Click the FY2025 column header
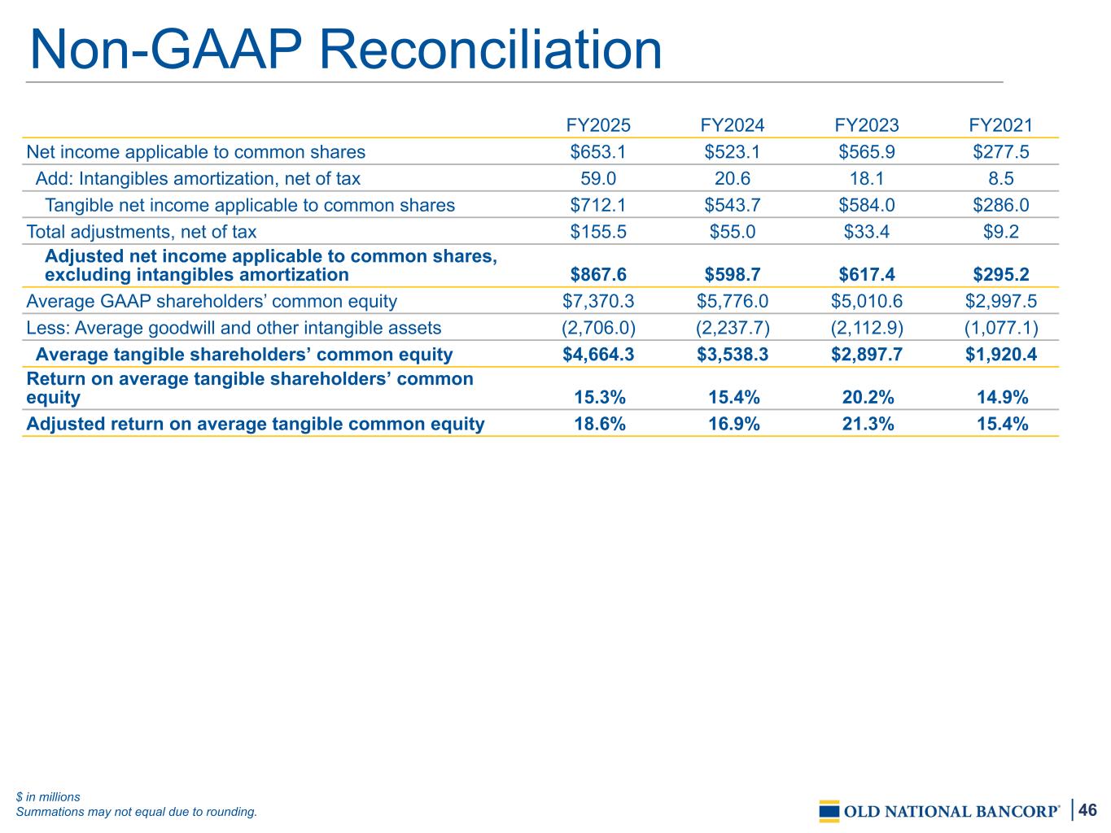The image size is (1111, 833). [597, 125]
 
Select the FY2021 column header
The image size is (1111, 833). [1000, 125]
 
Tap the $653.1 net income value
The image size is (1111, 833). [597, 152]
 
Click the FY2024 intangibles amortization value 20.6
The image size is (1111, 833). [732, 178]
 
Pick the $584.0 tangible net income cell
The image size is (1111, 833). [866, 205]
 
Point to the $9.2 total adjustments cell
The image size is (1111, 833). [1000, 232]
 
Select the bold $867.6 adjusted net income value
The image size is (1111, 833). [597, 275]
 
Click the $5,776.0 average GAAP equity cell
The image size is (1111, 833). [732, 302]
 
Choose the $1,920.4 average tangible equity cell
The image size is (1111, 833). [1000, 355]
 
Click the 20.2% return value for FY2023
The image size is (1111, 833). [868, 398]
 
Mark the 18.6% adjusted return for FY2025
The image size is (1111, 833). [599, 424]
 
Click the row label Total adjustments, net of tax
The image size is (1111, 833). [142, 232]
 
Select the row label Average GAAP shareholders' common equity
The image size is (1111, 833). [212, 302]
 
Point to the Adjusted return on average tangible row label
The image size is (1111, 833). [255, 424]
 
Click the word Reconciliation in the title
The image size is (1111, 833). [490, 50]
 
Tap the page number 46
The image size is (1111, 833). [1087, 809]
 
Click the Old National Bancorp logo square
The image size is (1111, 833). [829, 811]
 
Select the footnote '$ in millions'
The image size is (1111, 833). [48, 796]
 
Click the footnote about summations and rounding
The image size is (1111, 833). [137, 812]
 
